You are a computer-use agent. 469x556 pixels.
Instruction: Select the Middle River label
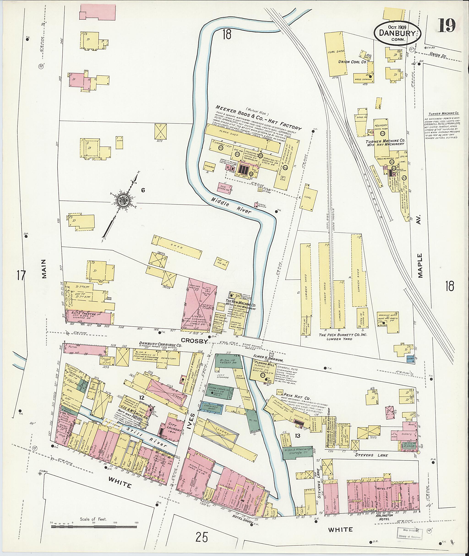coord(231,206)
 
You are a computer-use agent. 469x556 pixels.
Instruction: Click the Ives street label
coord(193,423)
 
